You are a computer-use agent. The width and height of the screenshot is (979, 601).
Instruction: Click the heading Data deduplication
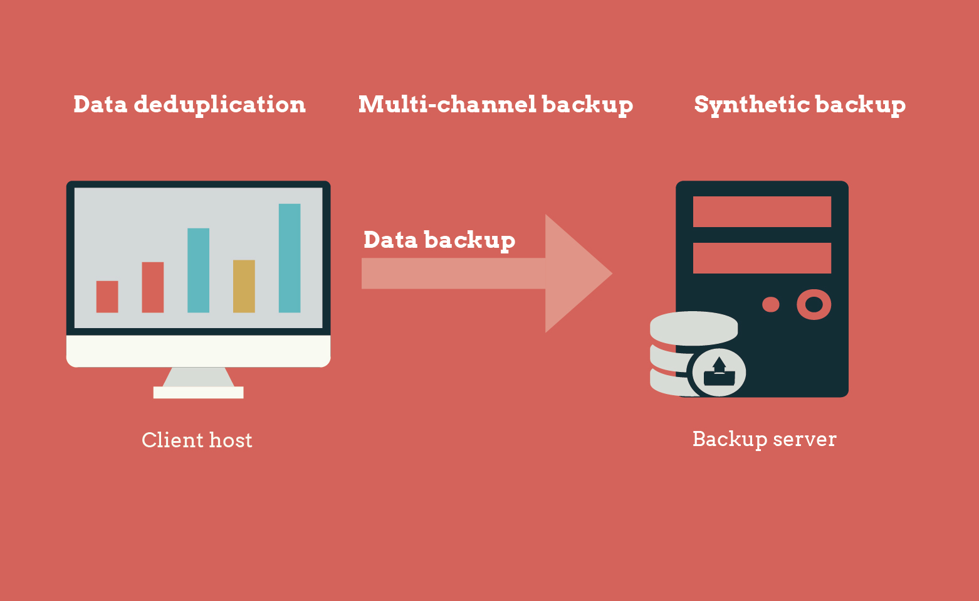pyautogui.click(x=189, y=105)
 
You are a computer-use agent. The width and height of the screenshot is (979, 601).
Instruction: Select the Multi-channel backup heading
pyautogui.click(x=495, y=105)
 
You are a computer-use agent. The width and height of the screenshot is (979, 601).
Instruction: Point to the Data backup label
pyautogui.click(x=439, y=240)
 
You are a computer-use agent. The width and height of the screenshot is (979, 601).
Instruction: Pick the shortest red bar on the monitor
pyautogui.click(x=107, y=297)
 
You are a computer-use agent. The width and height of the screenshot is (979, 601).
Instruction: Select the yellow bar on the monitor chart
pyautogui.click(x=244, y=286)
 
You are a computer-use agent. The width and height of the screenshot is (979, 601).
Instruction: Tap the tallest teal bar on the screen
pyautogui.click(x=290, y=258)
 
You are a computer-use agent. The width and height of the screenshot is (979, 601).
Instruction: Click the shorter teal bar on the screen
pyautogui.click(x=198, y=270)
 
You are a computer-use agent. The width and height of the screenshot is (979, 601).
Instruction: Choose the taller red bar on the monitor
pyautogui.click(x=153, y=287)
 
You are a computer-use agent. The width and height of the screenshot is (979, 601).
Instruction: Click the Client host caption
pyautogui.click(x=197, y=440)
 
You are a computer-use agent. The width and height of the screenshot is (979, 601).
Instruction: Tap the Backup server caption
pyautogui.click(x=764, y=439)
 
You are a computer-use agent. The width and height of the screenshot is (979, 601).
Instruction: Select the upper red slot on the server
pyautogui.click(x=762, y=211)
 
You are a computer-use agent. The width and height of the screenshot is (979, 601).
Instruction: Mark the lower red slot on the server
pyautogui.click(x=762, y=258)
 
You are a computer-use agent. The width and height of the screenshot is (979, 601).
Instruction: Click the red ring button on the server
pyautogui.click(x=814, y=305)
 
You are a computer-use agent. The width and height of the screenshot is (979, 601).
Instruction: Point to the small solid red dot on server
pyautogui.click(x=770, y=305)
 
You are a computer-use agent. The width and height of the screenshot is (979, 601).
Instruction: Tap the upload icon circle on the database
pyautogui.click(x=719, y=373)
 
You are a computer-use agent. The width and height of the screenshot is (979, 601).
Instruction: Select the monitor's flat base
pyautogui.click(x=198, y=393)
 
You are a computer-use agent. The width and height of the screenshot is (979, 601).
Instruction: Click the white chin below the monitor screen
pyautogui.click(x=198, y=351)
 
